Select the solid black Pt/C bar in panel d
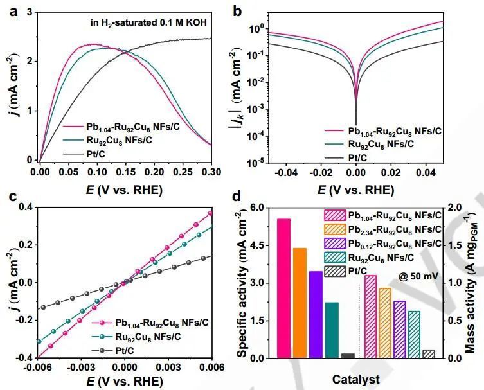point(348,355)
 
